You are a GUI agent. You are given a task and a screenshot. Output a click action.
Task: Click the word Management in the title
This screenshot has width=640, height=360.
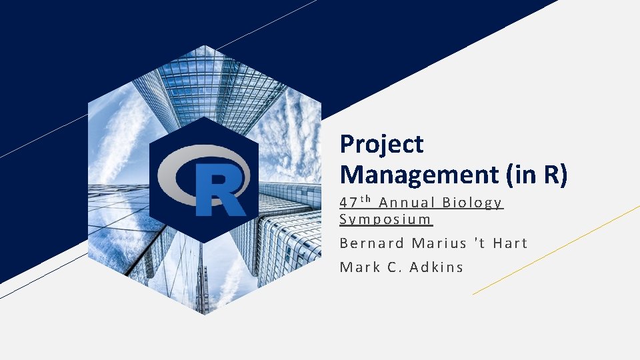pos(419,175)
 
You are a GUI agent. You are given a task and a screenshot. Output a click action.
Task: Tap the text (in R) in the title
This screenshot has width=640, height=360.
pos(537,175)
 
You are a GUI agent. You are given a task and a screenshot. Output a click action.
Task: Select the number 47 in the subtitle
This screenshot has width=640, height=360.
pos(348,203)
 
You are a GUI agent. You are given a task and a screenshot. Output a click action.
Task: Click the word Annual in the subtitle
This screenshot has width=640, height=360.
pos(407,203)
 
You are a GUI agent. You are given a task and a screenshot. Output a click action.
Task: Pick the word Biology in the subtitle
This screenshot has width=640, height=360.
pos(473,203)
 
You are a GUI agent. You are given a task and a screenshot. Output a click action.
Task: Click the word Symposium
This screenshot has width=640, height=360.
pos(386,219)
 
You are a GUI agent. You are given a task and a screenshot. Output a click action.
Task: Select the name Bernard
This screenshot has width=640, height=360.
pos(372,243)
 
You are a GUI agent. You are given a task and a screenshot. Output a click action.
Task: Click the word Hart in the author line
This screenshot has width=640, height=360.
pos(510,243)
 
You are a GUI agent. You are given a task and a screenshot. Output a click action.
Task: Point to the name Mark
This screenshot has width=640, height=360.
pos(359,267)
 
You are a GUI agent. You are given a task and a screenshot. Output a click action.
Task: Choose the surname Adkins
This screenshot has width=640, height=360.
pos(437,267)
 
